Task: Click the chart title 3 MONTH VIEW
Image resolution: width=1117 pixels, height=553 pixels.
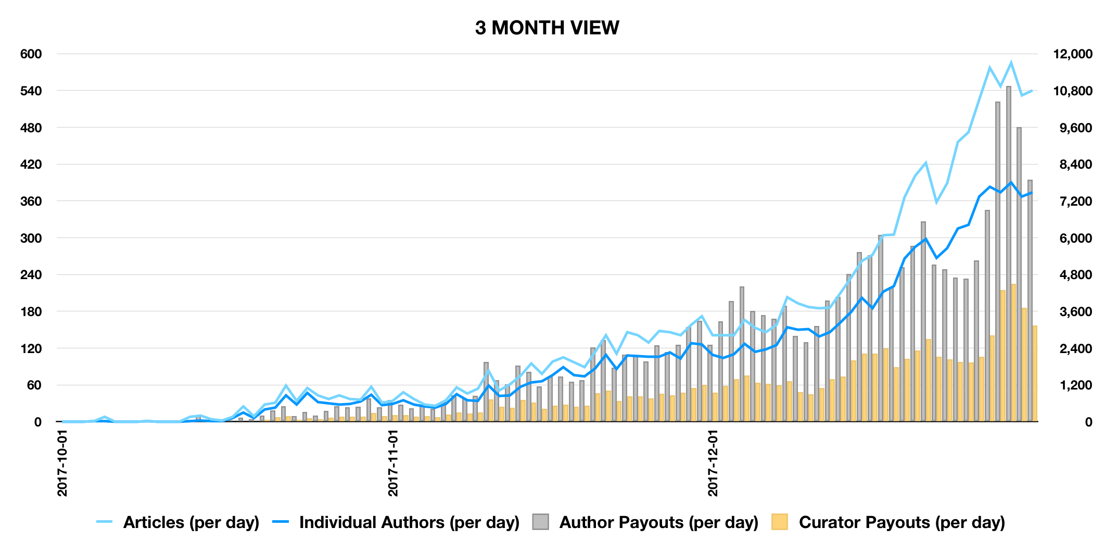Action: pos(547,28)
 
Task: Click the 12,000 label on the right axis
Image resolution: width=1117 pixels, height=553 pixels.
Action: pos(1073,54)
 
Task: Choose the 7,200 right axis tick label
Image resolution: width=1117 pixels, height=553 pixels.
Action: pos(1073,202)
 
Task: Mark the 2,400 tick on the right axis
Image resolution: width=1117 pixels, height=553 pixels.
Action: pos(1073,348)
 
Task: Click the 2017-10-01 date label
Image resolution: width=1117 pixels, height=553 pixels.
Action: pos(63,463)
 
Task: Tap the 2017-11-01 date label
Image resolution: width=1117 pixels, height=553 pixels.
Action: pos(394,463)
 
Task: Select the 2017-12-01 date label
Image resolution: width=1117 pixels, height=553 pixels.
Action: pos(713,463)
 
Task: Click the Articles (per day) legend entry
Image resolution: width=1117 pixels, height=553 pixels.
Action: pos(191,522)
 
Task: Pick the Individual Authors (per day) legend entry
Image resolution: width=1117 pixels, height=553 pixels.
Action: pos(409,522)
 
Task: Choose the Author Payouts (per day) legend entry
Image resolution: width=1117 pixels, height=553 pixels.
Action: pos(658,522)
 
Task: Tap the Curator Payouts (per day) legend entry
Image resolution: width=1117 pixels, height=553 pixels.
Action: pos(902,522)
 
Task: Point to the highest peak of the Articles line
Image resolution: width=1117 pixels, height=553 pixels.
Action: pos(1011,63)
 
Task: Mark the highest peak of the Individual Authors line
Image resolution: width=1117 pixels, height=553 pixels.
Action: pos(1011,183)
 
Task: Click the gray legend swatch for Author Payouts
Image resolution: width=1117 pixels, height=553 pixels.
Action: pos(540,522)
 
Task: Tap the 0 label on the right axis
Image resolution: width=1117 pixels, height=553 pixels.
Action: pos(1088,422)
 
